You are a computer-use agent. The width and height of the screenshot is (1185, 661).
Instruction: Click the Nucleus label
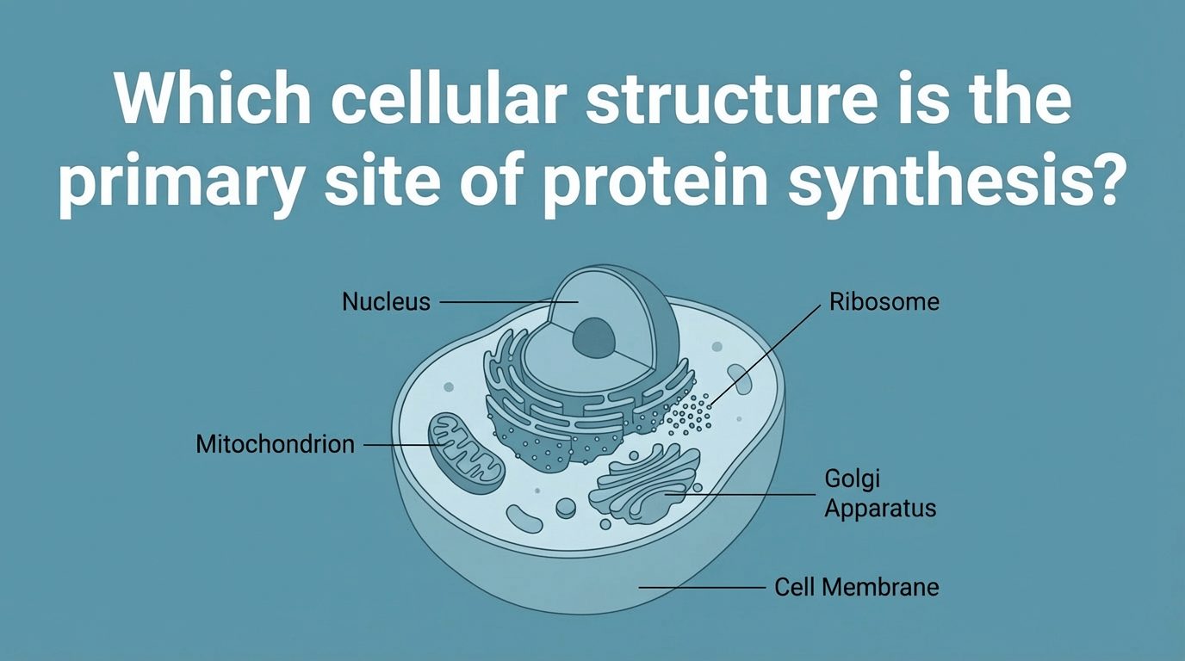point(386,302)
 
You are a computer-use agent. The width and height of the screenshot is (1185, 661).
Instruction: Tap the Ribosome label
point(884,302)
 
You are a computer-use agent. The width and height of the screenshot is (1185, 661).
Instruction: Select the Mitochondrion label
point(275,444)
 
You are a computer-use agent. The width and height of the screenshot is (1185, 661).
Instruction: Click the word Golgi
point(853,479)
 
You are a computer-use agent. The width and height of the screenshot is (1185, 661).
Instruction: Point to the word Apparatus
point(879,508)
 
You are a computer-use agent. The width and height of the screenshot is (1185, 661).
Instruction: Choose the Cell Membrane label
point(856,588)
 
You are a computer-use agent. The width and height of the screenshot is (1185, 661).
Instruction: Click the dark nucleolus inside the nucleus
point(595,337)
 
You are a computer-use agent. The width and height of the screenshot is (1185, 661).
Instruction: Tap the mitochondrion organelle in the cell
point(465,451)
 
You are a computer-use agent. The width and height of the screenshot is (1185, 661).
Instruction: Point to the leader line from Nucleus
point(495,302)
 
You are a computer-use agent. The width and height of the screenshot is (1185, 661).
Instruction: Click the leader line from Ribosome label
point(766,352)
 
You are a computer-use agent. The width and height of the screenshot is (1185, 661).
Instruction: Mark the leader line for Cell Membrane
point(701,588)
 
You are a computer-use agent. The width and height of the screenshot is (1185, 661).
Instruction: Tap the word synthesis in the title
point(955,184)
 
